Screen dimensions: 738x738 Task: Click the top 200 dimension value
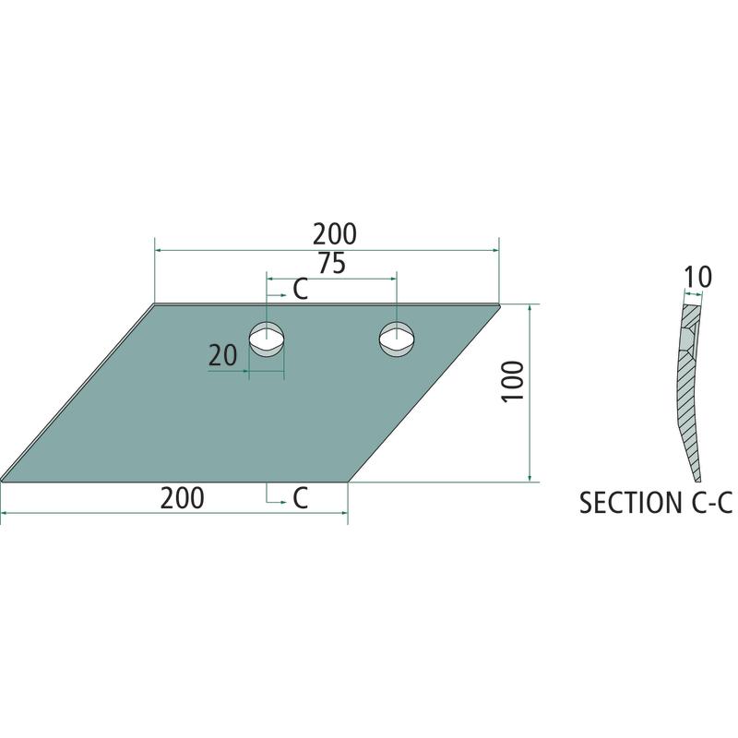click(x=335, y=234)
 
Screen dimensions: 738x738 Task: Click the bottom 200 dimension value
click(x=182, y=498)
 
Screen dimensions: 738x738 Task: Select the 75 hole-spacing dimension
click(x=332, y=263)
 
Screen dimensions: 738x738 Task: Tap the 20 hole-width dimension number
click(x=222, y=355)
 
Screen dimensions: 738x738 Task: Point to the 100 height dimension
click(x=513, y=381)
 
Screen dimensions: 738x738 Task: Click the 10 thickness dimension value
click(x=697, y=278)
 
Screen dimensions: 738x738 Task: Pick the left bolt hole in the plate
click(x=267, y=339)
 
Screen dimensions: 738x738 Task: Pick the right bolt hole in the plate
click(x=397, y=339)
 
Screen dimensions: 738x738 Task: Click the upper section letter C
click(x=301, y=290)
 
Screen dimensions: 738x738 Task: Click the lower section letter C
click(x=301, y=498)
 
